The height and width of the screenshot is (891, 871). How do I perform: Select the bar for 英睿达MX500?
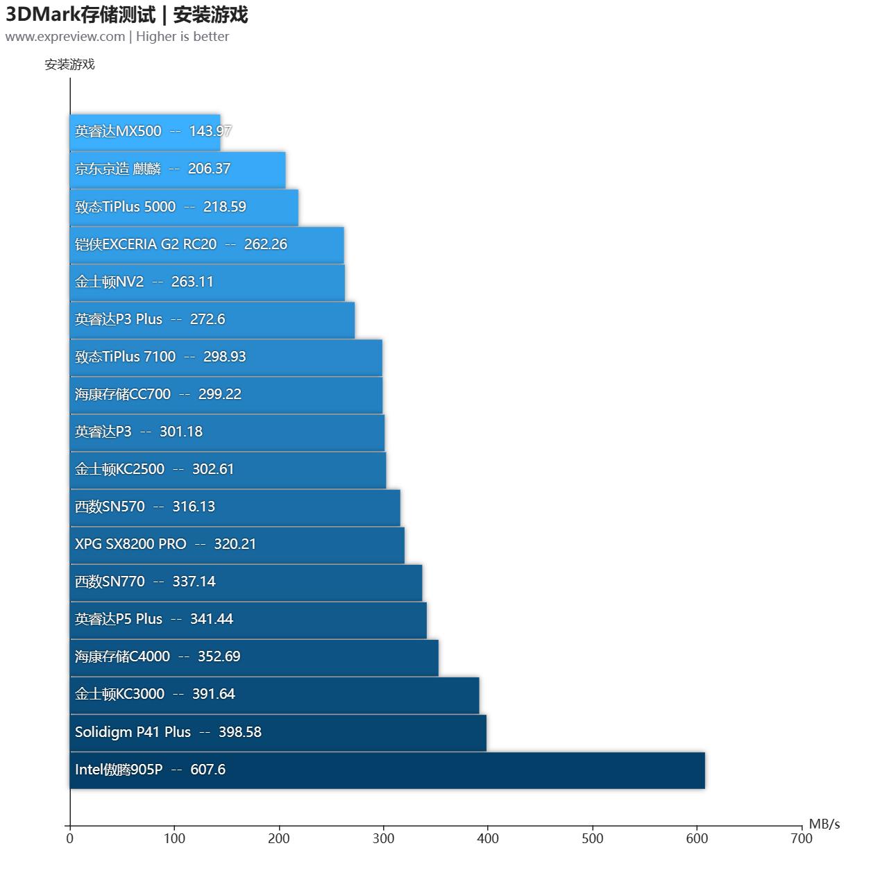click(x=145, y=132)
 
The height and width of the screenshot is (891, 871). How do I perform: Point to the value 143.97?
click(x=210, y=131)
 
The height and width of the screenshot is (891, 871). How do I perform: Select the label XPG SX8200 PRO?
click(x=130, y=544)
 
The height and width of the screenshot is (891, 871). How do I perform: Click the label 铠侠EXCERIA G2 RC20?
click(x=146, y=244)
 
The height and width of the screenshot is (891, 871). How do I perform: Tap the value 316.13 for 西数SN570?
click(x=194, y=507)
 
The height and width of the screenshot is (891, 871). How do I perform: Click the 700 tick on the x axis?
click(x=801, y=839)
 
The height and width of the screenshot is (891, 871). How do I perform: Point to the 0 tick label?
click(x=69, y=839)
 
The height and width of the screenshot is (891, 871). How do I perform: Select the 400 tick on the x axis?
click(x=488, y=839)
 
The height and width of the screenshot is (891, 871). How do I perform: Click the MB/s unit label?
click(x=824, y=824)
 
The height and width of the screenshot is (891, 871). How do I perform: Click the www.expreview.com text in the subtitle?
click(x=65, y=37)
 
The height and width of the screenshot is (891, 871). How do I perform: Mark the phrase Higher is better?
click(x=183, y=37)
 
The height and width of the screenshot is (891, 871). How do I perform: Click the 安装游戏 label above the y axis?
click(x=69, y=65)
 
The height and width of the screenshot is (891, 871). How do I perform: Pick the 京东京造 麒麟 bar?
click(x=177, y=169)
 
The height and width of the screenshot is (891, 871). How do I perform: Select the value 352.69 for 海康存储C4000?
click(x=219, y=656)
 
